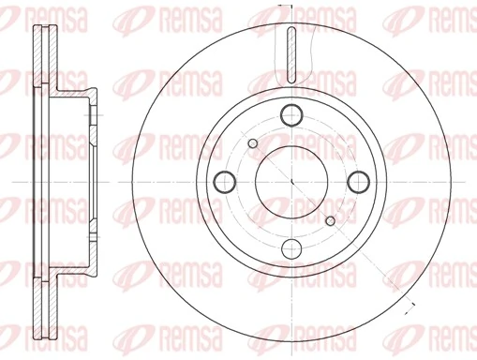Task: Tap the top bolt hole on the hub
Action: pos(291,114)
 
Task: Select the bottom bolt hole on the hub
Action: pos(291,247)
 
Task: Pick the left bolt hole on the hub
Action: pos(225,181)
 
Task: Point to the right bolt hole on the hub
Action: pos(358,181)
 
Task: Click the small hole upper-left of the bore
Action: pos(253,142)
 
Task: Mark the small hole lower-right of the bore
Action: pos(330,219)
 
